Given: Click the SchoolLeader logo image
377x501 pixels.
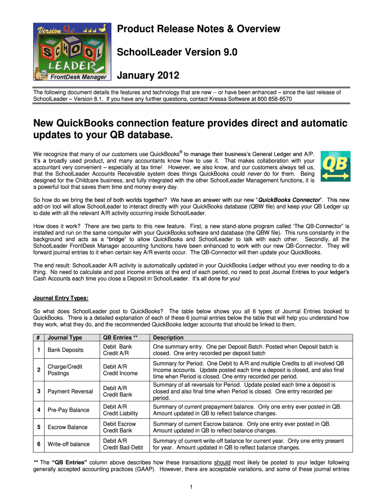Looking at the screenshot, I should pos(71,51).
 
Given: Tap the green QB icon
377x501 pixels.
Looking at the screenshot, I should pos(335,166).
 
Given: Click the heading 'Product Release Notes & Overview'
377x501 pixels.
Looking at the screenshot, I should pos(198,29).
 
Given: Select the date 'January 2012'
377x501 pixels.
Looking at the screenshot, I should pos(148,76).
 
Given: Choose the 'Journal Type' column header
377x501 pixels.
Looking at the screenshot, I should pos(65,338).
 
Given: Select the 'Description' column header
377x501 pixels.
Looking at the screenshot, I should pos(168,338).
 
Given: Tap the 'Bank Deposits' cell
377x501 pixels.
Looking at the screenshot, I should pos(66,350).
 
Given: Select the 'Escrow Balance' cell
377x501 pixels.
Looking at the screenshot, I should pos(68,427).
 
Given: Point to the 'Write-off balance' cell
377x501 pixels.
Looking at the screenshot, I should pos(69,444).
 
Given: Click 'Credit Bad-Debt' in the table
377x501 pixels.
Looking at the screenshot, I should pos(123,448).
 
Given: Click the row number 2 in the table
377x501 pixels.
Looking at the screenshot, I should pos(38,370).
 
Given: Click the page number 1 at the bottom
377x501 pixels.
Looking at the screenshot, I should pos(189,486).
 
